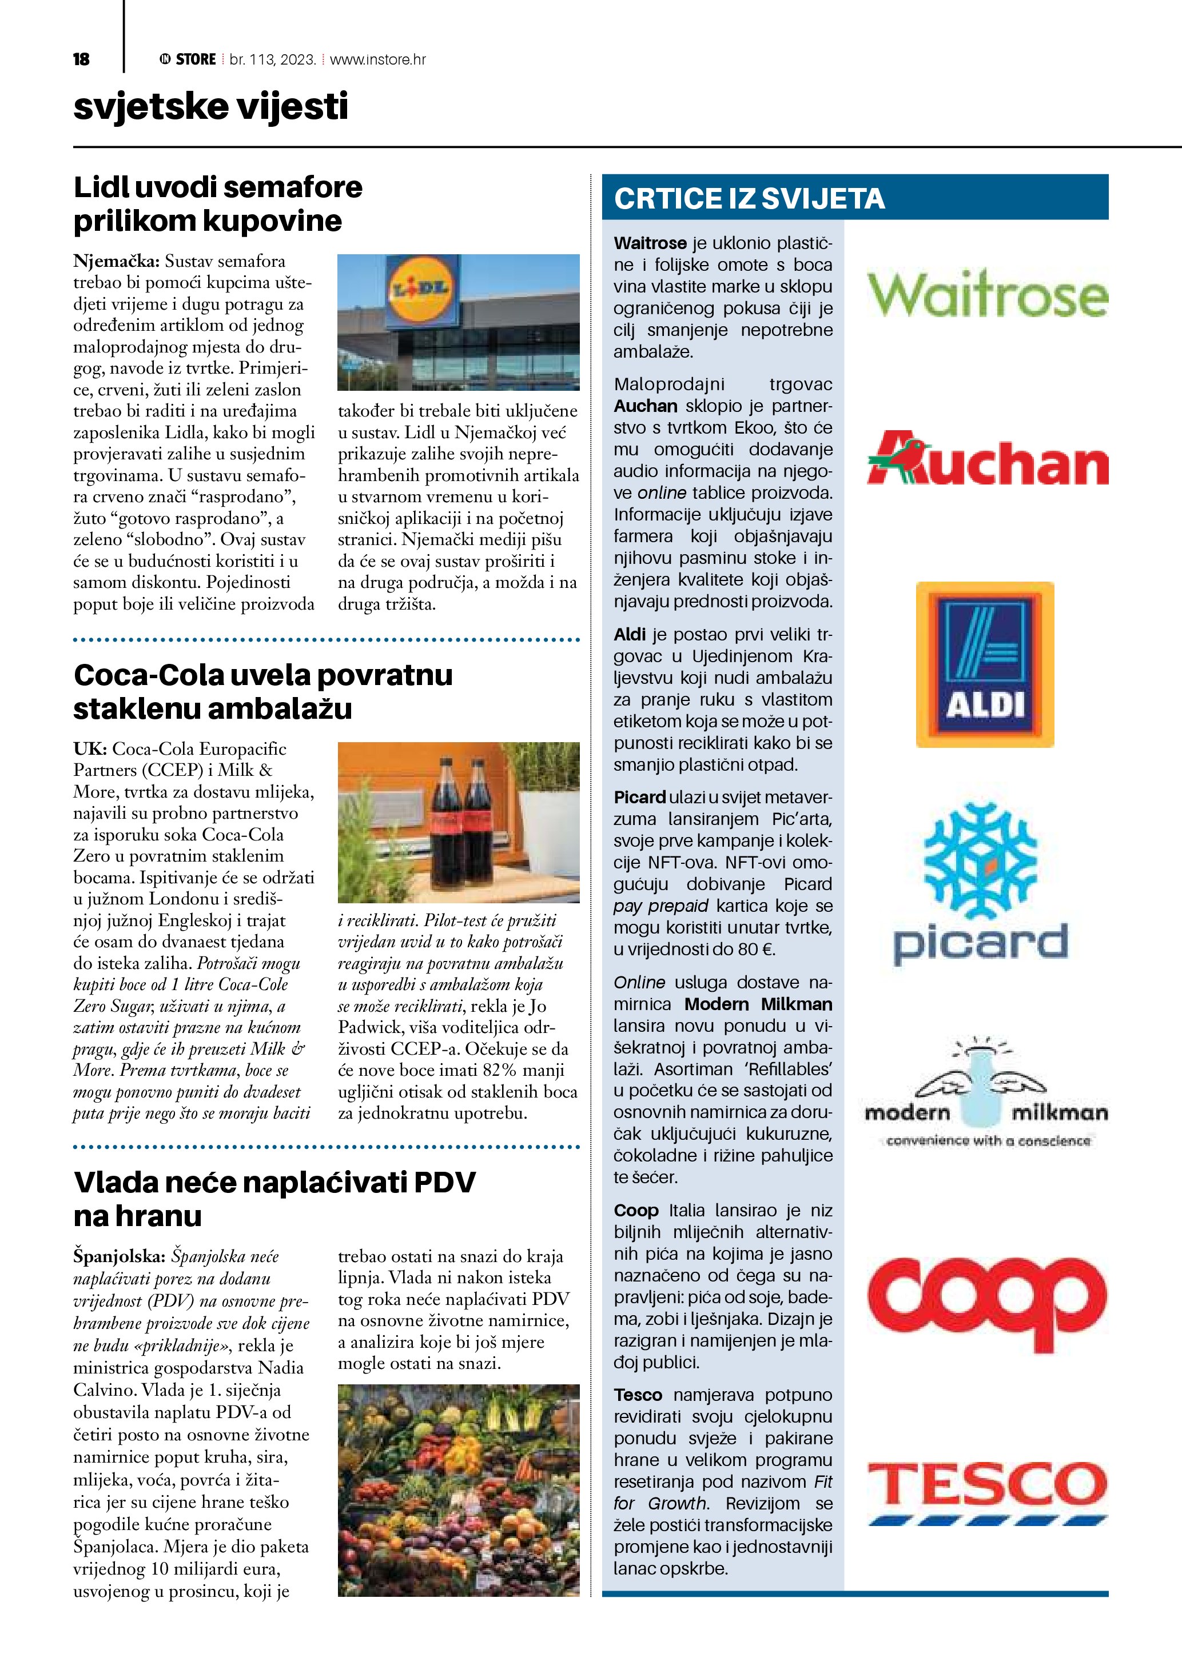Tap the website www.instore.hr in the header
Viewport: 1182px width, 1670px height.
(378, 59)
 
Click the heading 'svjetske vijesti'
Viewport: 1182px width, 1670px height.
(210, 107)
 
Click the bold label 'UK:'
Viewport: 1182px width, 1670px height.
(90, 749)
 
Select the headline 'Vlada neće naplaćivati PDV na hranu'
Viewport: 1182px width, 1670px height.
(274, 1198)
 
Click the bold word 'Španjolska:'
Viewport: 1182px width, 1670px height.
(120, 1256)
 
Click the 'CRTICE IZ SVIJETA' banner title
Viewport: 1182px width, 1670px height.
(749, 199)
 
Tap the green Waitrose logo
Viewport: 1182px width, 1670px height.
(987, 294)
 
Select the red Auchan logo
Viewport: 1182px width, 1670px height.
(987, 460)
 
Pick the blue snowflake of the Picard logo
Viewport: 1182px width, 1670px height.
(980, 860)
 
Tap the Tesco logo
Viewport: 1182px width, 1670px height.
(987, 1491)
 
